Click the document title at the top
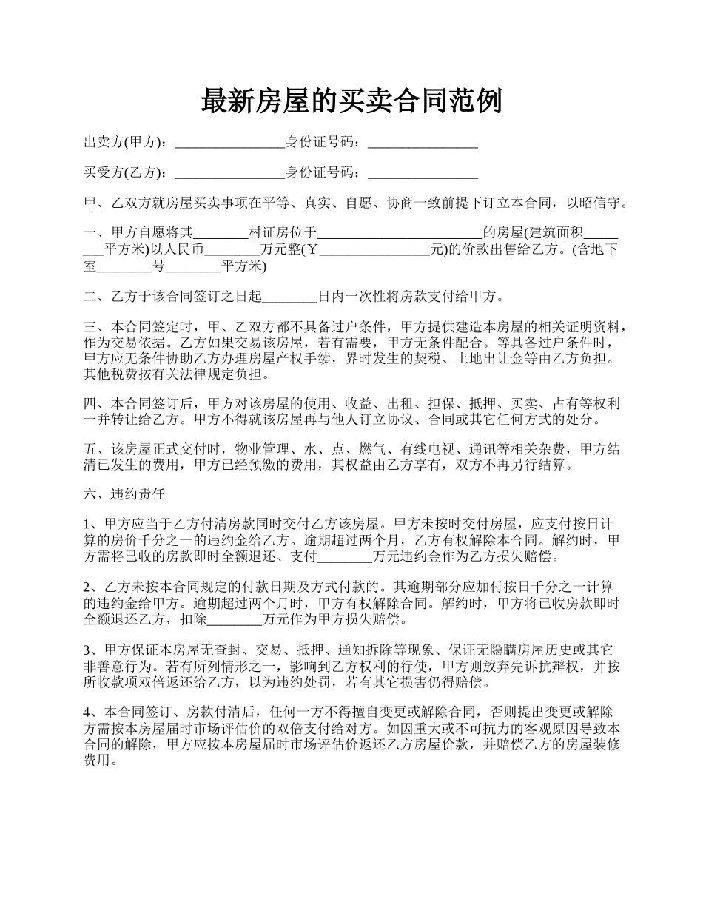(x=351, y=101)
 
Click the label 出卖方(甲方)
(x=125, y=143)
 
